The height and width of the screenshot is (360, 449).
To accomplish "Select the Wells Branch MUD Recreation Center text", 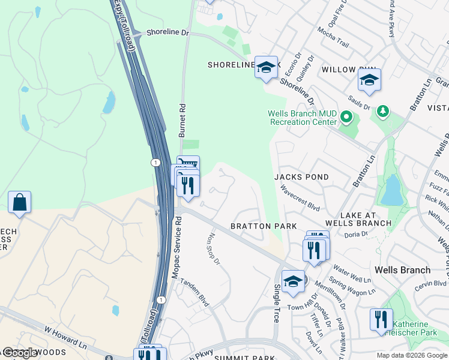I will click(x=302, y=118).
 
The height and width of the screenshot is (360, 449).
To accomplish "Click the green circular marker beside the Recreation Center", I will click(x=346, y=116).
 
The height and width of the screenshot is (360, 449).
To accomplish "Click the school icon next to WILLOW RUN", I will click(x=369, y=80).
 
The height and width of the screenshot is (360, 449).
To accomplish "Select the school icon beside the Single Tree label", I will click(x=292, y=281).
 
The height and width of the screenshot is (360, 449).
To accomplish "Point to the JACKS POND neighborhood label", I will click(x=301, y=177).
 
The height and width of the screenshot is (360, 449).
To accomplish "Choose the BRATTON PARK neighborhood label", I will click(x=264, y=226).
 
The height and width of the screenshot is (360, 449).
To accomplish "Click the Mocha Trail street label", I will click(x=333, y=37).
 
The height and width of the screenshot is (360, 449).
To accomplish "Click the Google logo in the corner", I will click(x=20, y=353).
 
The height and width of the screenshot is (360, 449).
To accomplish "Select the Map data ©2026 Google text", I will click(x=411, y=355).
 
